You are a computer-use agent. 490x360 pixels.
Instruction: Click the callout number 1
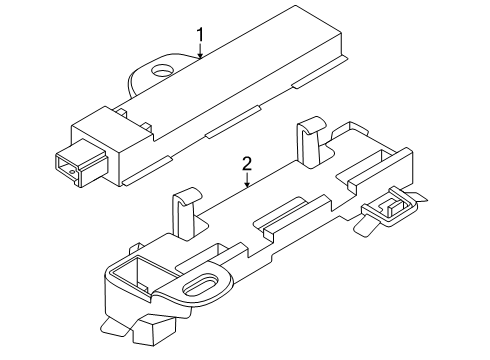point(200,34)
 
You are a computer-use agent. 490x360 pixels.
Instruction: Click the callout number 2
point(247,164)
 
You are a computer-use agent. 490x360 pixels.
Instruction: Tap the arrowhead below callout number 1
point(200,55)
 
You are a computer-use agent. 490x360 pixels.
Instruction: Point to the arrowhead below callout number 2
point(247,184)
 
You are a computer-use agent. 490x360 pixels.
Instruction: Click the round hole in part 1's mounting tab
point(162,69)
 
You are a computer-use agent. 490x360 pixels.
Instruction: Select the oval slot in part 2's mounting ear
point(202,285)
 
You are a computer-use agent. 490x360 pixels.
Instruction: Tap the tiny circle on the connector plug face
point(72,172)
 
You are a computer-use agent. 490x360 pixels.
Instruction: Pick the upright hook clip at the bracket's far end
point(311,141)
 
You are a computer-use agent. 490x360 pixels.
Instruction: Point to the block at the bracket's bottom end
point(154,330)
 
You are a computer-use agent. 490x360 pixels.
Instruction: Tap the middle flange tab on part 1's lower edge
point(233,122)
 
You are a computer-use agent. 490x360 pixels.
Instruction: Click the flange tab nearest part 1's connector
point(147,170)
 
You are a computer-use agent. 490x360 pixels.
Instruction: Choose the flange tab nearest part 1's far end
point(320,72)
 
